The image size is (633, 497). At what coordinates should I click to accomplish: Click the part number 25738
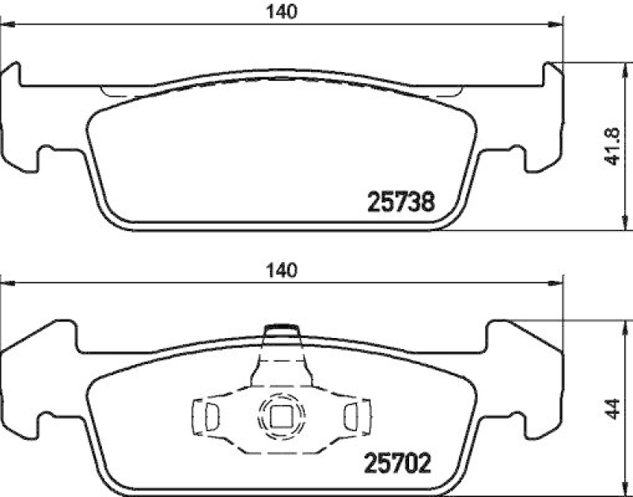coord(401,203)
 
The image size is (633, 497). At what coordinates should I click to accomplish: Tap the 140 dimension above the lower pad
coord(286,270)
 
